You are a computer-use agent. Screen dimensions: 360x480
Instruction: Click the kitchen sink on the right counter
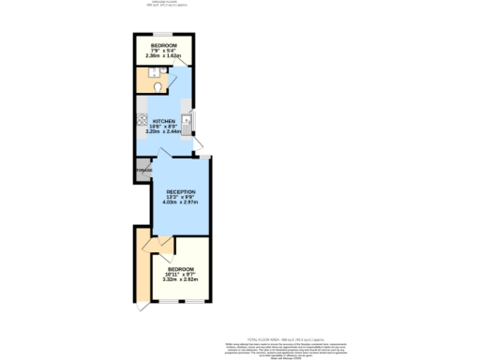(x=187, y=119)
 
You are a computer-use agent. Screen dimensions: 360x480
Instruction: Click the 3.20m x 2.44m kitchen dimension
(x=165, y=132)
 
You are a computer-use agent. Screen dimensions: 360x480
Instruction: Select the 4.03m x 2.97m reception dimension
(x=181, y=202)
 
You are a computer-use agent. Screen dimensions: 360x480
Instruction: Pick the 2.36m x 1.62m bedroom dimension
(x=165, y=56)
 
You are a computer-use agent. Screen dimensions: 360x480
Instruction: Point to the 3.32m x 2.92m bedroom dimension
(x=181, y=278)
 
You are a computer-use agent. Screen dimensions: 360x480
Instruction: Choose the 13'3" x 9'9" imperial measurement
(x=181, y=196)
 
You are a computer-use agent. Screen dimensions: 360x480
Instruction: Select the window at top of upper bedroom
(x=165, y=35)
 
